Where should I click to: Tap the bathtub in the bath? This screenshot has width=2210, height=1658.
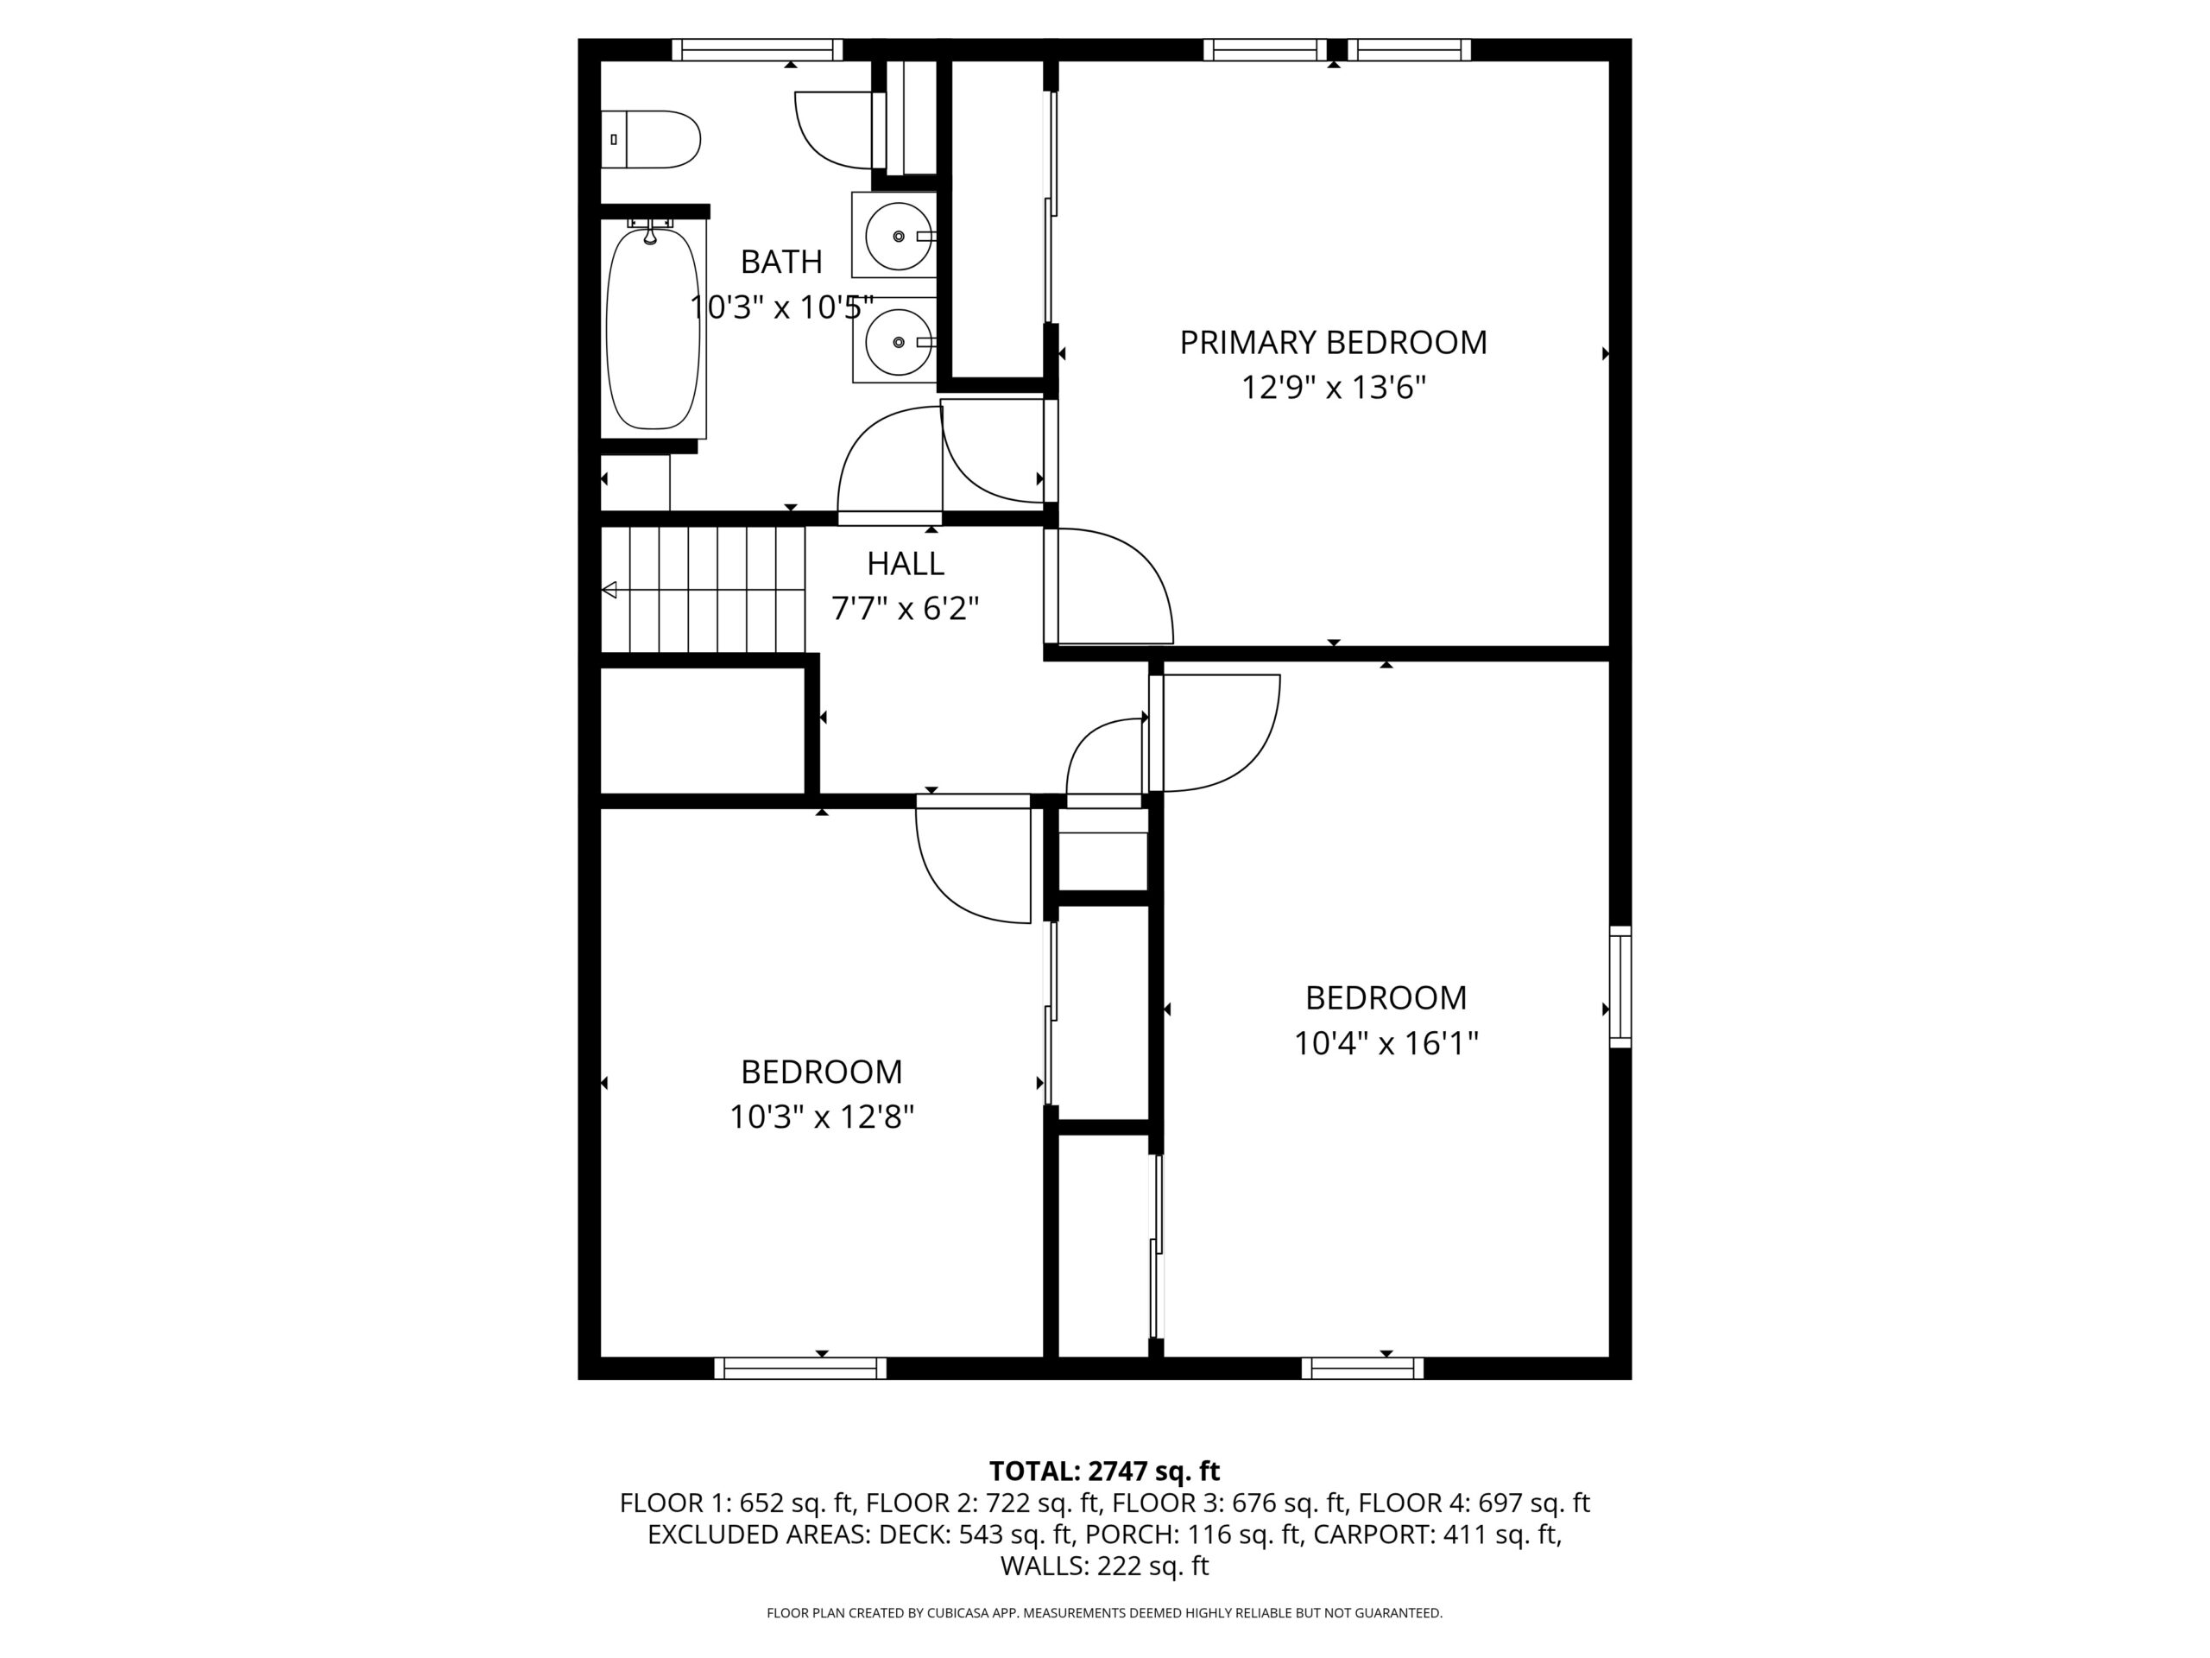pos(654,329)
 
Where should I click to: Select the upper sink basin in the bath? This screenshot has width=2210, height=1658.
pos(898,236)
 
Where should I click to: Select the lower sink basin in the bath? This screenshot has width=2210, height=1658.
pos(898,342)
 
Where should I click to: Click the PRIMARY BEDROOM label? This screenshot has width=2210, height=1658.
pos(1333,343)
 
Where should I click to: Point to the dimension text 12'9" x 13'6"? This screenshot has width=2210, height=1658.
pos(1333,387)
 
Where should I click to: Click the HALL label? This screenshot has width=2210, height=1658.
pos(906,564)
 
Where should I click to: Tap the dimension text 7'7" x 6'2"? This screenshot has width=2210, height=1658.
pos(906,608)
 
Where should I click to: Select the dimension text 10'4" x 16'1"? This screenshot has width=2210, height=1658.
pos(1386,1043)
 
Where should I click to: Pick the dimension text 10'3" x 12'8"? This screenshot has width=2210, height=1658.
pos(821,1117)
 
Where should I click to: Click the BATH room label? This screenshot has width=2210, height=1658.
pos(781,262)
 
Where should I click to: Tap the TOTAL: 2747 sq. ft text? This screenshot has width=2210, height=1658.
pos(1104,1471)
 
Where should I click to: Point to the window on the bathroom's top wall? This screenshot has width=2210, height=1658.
pos(756,50)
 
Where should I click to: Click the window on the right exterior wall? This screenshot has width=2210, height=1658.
pos(1620,987)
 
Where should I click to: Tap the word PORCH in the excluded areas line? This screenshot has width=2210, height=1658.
pos(1127,1534)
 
